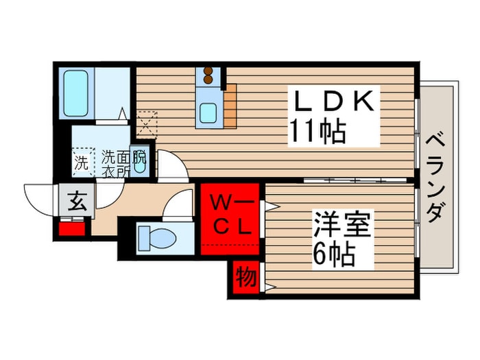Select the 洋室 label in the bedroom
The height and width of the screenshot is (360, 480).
(x=342, y=226)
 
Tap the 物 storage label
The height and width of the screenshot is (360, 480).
(x=246, y=278)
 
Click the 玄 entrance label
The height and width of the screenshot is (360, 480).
(x=75, y=202)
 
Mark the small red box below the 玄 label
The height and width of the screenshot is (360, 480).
(x=71, y=228)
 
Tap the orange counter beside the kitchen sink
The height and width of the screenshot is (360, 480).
(x=230, y=104)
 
